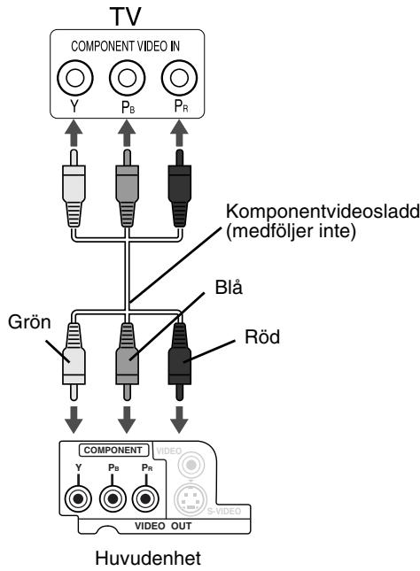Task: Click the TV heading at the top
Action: (125, 17)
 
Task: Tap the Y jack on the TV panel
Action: (75, 78)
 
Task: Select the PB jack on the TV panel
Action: (128, 78)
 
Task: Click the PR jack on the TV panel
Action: (179, 78)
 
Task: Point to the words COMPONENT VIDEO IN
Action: (125, 46)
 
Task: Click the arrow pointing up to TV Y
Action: (74, 134)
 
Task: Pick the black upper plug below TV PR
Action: (179, 189)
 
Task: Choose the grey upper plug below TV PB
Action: (128, 189)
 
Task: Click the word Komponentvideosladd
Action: (323, 212)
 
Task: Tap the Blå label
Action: (229, 288)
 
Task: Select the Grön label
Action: (29, 322)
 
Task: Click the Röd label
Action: (262, 337)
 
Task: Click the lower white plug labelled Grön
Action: (74, 361)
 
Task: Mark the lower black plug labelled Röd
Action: (179, 361)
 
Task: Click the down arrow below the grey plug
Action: (127, 420)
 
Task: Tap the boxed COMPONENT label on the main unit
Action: (113, 450)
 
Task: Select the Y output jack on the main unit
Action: (78, 498)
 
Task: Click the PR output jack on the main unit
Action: (145, 498)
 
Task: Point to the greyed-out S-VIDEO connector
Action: (191, 498)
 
